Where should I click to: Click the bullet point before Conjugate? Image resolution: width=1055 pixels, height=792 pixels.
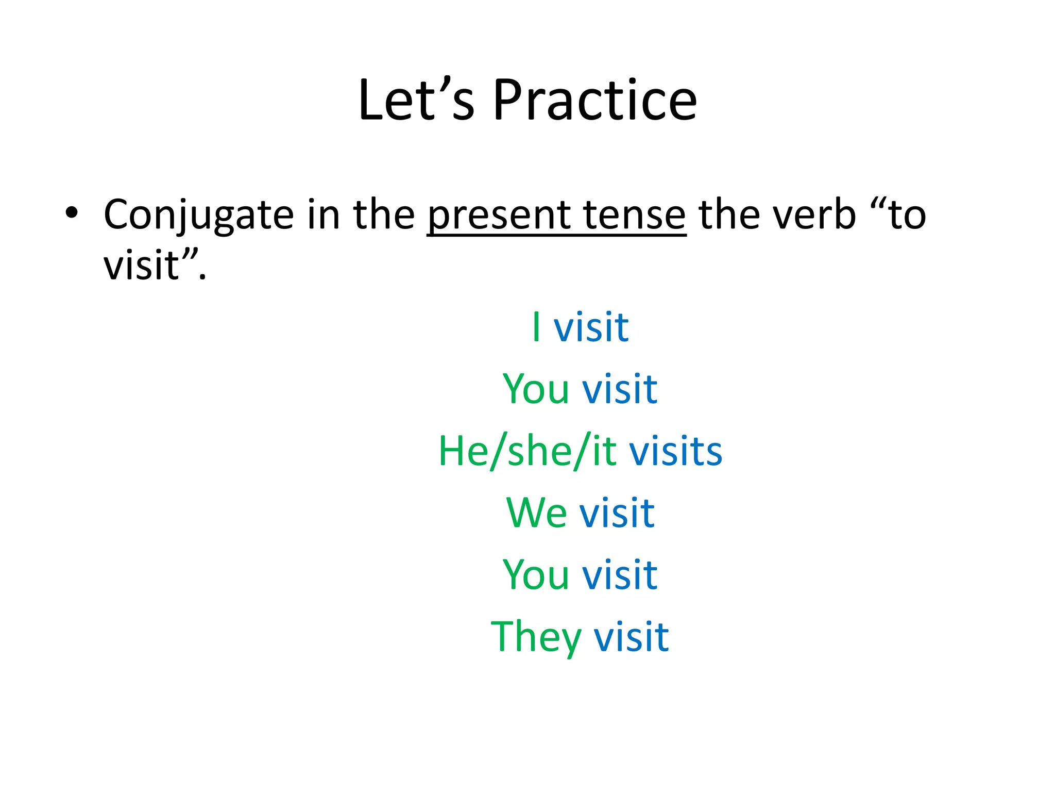tap(72, 213)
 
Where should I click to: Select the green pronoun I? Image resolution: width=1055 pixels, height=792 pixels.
tap(536, 327)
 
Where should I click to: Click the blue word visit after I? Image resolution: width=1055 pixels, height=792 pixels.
tap(591, 327)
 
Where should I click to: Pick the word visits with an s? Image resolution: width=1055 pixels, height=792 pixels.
tap(675, 451)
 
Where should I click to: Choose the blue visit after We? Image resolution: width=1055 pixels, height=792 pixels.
tap(617, 513)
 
